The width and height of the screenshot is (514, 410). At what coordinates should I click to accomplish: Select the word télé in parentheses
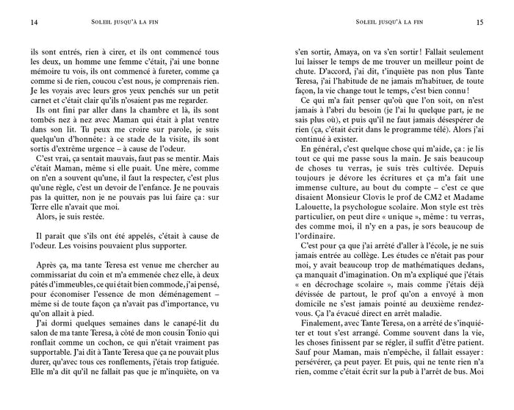pos(432,125)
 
